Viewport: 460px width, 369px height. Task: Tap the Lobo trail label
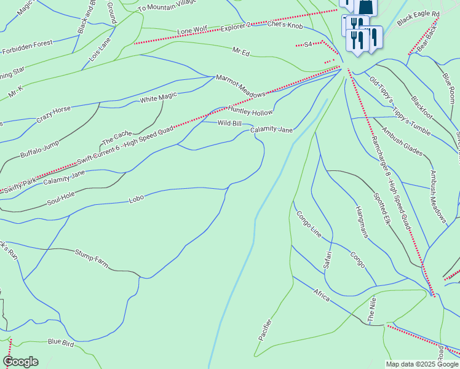click(x=136, y=199)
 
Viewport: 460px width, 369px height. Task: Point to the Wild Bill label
click(x=229, y=124)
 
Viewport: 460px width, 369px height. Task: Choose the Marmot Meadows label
click(x=240, y=85)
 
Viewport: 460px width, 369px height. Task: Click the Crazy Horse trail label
click(x=53, y=114)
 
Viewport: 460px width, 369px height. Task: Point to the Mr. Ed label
click(x=240, y=52)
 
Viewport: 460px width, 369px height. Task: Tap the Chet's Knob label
click(x=285, y=25)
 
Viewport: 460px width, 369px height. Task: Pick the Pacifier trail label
click(x=265, y=329)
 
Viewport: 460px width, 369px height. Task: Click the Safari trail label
click(x=328, y=260)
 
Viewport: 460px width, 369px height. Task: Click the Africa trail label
click(x=321, y=295)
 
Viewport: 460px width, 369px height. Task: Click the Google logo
click(x=20, y=362)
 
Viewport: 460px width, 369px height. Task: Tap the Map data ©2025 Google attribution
click(x=421, y=364)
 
